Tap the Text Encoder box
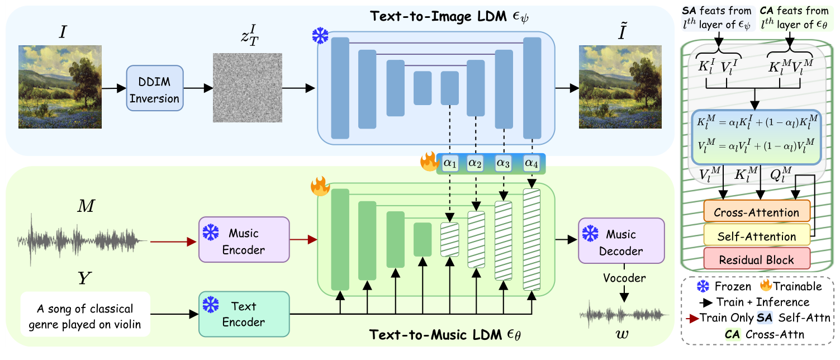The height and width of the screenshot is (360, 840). coord(244,314)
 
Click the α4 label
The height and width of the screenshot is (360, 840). coord(531,163)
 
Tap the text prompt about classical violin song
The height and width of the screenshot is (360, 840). coord(85,316)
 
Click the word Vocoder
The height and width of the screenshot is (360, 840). coord(624,278)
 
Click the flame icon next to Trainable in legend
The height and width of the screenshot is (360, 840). coord(765,286)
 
